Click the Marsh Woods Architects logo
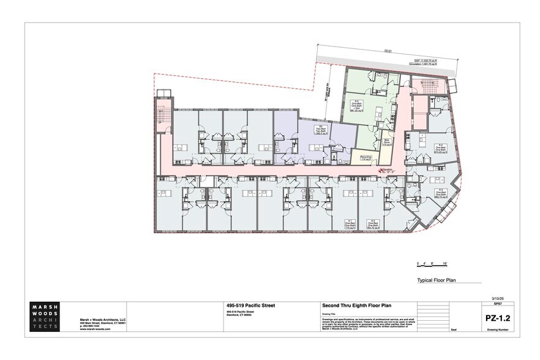(x=46, y=316)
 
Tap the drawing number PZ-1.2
(x=495, y=318)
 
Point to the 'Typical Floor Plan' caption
(x=438, y=280)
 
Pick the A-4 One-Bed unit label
(x=440, y=149)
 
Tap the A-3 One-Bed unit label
(x=440, y=193)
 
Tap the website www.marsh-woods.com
(x=94, y=329)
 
